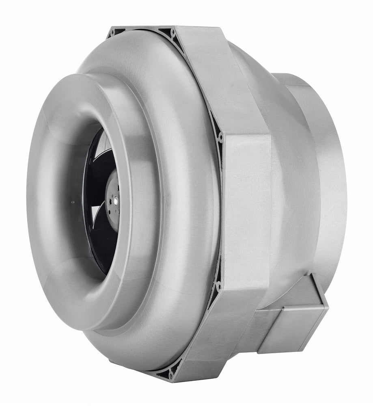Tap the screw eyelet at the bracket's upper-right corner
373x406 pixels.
(220, 137)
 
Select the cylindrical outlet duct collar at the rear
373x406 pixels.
(321, 171)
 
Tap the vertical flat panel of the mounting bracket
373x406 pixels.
(246, 211)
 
